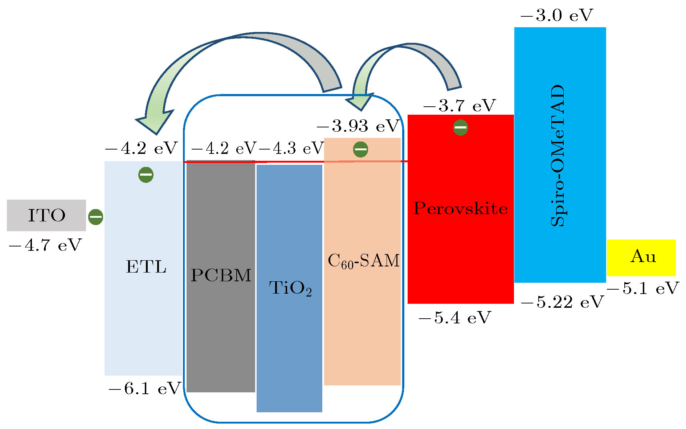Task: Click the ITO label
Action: (47, 216)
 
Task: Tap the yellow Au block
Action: (641, 258)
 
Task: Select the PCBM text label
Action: (221, 275)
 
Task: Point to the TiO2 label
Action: (290, 289)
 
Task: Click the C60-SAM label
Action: (363, 261)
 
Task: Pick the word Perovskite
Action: (460, 208)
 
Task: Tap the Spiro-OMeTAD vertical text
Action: (558, 156)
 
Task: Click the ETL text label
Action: (146, 267)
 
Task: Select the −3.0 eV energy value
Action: (556, 16)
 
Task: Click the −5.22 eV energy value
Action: (562, 302)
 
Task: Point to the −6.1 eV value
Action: (144, 389)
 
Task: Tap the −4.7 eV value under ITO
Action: (45, 245)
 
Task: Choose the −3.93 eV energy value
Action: (358, 126)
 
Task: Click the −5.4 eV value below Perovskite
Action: (454, 318)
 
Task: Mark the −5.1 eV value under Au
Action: (642, 289)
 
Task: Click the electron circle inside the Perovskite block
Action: (461, 128)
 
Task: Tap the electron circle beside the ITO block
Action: (96, 217)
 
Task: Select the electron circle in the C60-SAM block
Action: (360, 150)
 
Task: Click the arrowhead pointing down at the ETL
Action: (154, 122)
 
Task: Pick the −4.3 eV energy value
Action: (291, 148)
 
